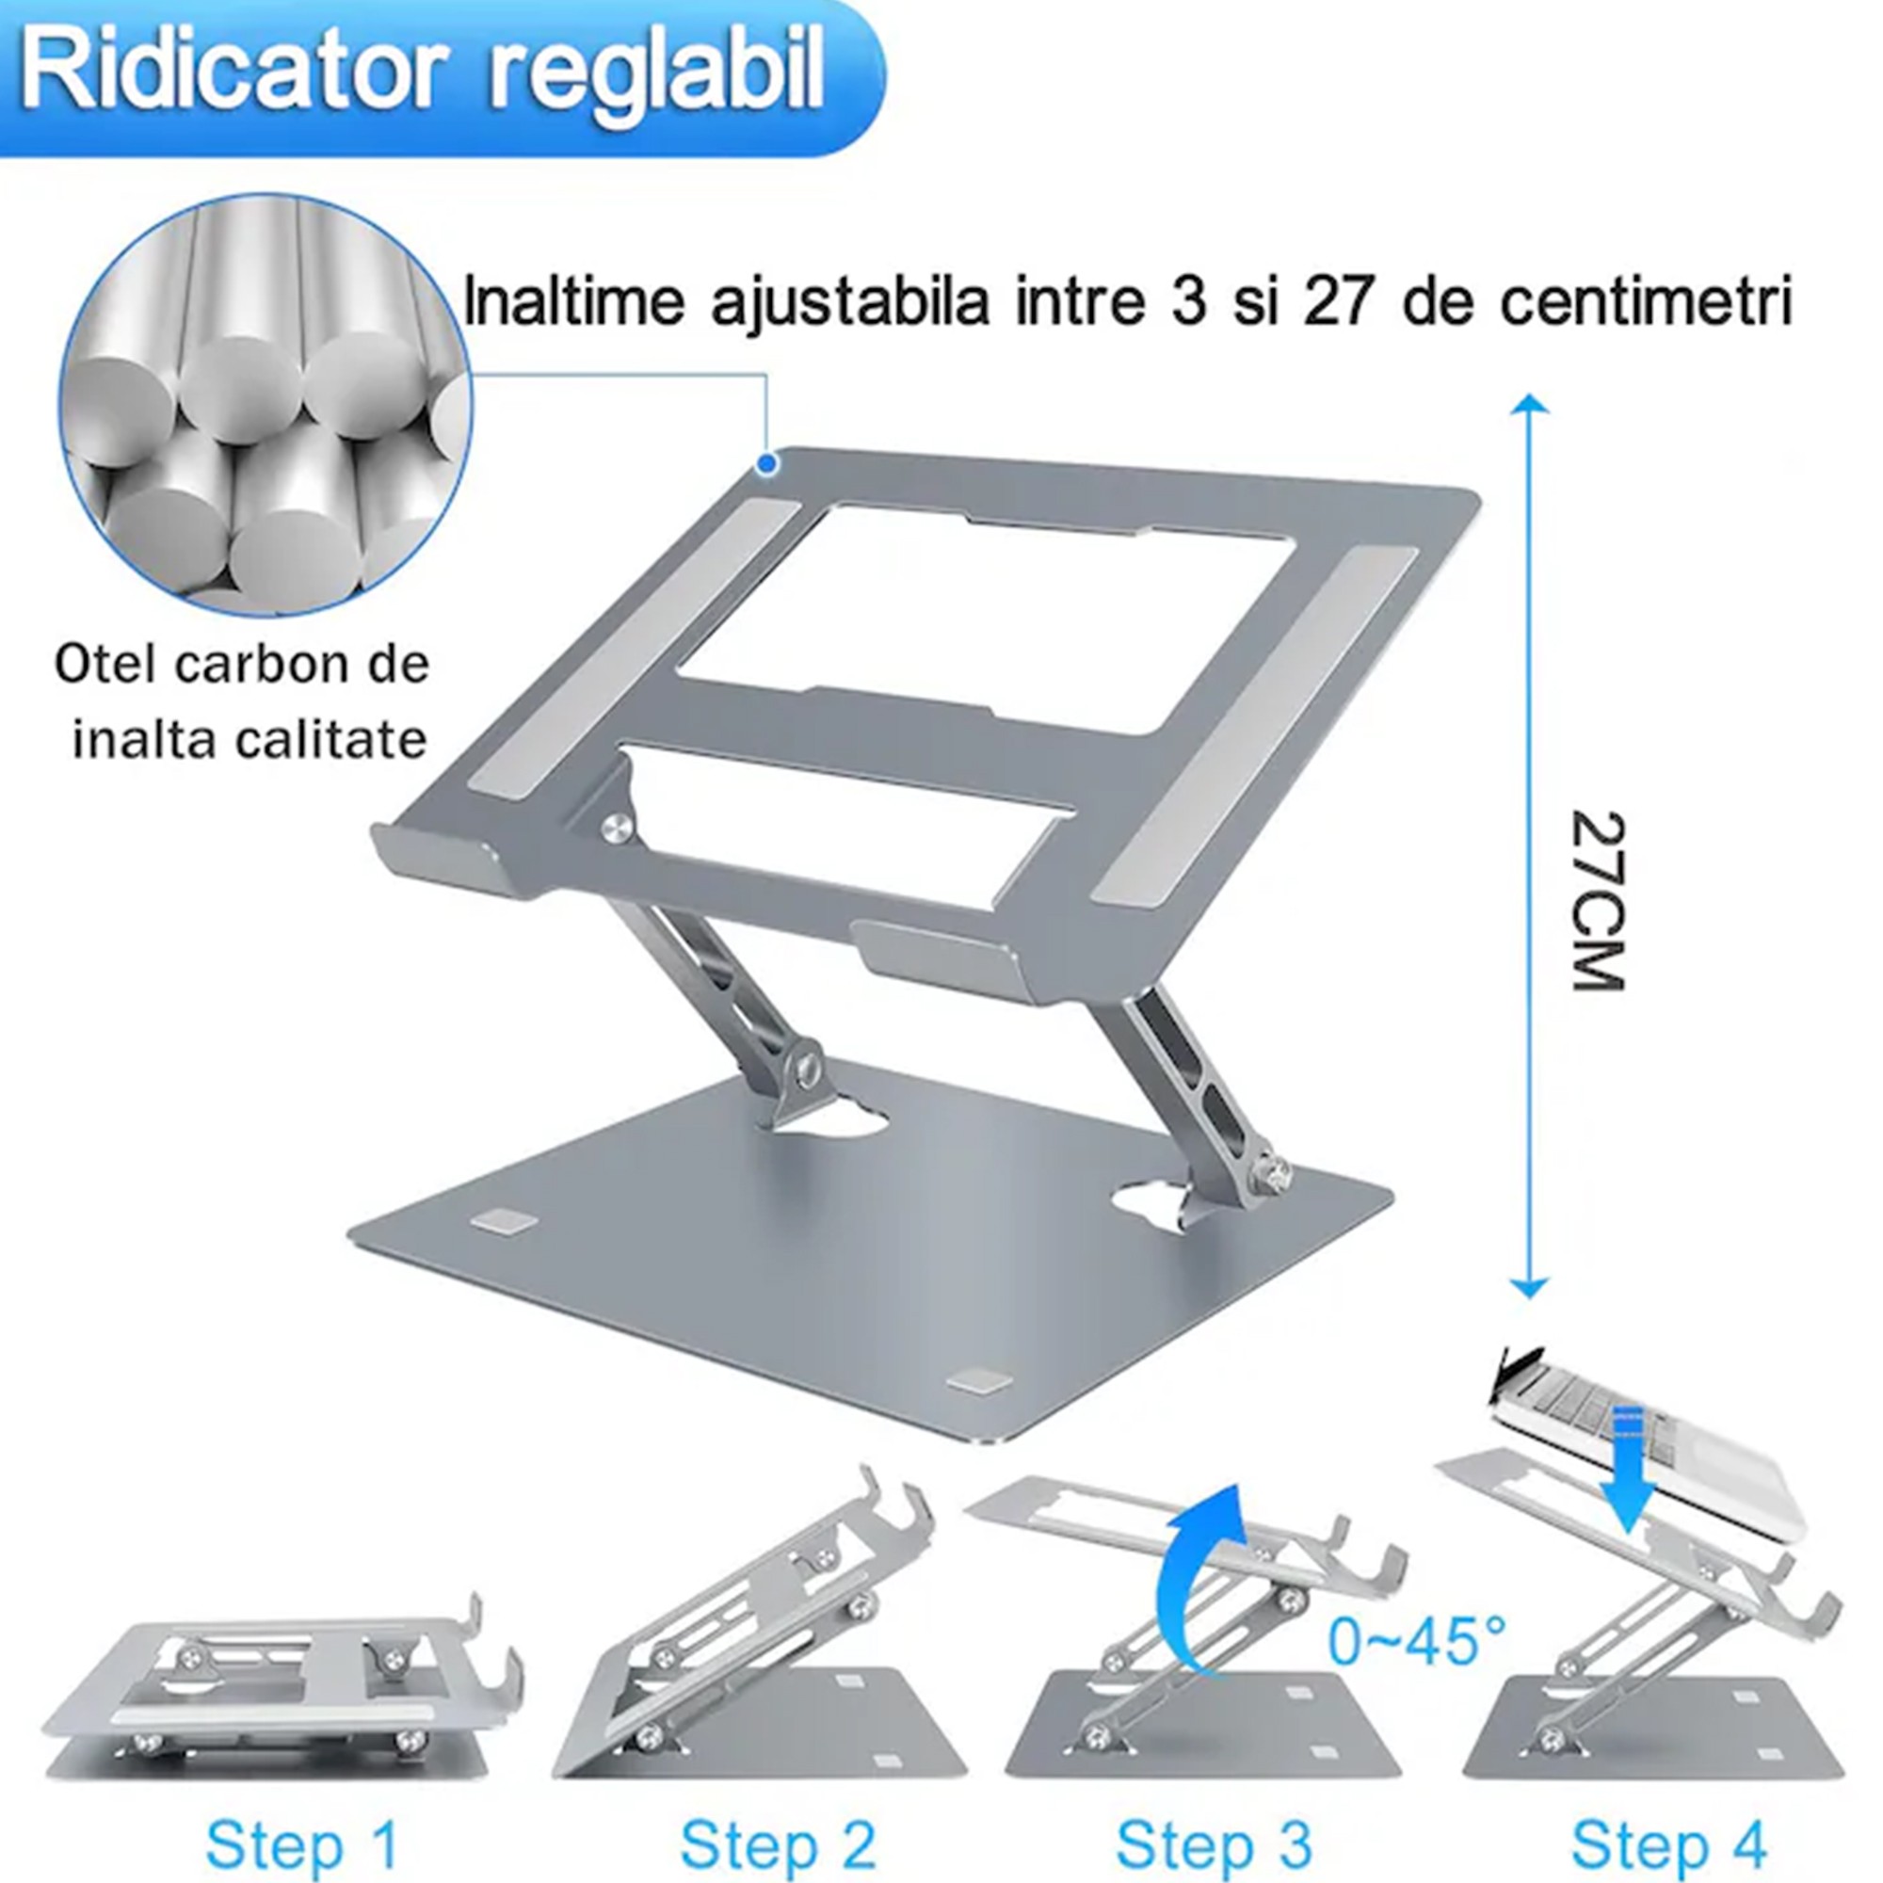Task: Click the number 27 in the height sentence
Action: pyautogui.click(x=1334, y=303)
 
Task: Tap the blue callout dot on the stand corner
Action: pyautogui.click(x=768, y=464)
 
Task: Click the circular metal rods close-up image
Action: pyautogui.click(x=266, y=405)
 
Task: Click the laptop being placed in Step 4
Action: pyautogui.click(x=1647, y=1433)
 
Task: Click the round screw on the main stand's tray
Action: pyautogui.click(x=616, y=829)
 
